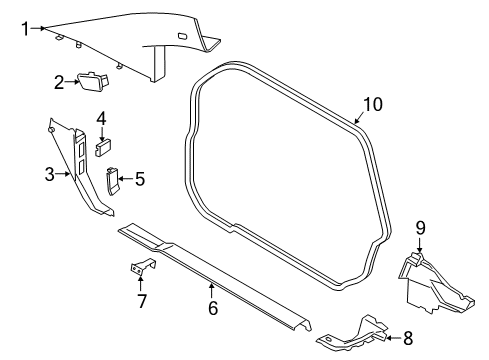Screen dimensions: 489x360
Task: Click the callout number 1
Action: point(26,29)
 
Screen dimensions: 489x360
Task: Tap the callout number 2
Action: point(59,82)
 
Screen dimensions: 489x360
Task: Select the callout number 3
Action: point(50,174)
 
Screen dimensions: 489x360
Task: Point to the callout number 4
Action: point(101,119)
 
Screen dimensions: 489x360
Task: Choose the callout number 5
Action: point(140,179)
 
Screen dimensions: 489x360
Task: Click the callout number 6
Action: point(213,308)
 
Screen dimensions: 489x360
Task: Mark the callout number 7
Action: point(142,301)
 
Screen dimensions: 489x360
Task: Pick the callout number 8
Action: point(408,338)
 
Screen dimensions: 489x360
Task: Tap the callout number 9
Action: point(420,228)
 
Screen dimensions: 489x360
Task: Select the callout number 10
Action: point(373,104)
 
